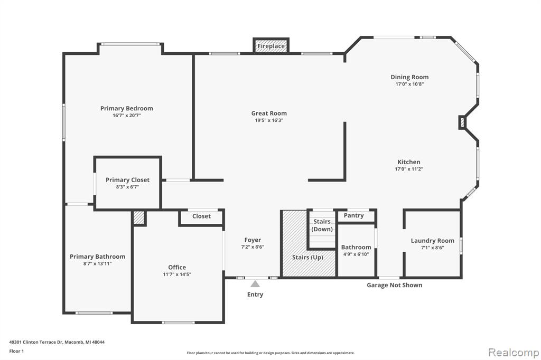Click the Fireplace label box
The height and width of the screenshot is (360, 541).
click(x=271, y=46)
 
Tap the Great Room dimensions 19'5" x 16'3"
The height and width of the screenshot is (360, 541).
click(x=269, y=120)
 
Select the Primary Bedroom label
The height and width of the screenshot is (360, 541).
click(x=127, y=108)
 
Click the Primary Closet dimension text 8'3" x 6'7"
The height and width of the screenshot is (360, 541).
click(x=127, y=187)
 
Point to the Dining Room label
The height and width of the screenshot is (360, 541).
click(x=409, y=77)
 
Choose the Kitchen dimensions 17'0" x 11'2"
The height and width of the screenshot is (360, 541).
click(x=409, y=169)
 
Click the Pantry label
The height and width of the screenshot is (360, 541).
click(x=353, y=215)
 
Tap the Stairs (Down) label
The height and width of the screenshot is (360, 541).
click(x=322, y=225)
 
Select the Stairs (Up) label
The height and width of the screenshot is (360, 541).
click(x=307, y=257)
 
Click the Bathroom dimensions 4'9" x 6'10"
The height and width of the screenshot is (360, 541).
click(x=356, y=254)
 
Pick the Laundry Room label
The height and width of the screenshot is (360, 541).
click(x=432, y=241)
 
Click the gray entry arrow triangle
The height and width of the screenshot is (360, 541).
click(x=255, y=284)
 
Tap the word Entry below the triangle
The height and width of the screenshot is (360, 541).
click(x=255, y=295)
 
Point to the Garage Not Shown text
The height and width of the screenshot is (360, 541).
click(x=394, y=285)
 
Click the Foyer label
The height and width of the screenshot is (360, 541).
click(x=253, y=240)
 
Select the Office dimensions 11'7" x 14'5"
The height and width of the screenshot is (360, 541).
click(x=177, y=274)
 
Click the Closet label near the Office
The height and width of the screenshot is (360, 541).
click(x=201, y=216)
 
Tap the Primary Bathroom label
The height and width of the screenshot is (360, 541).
click(x=97, y=257)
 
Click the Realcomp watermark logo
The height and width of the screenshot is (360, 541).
click(x=514, y=353)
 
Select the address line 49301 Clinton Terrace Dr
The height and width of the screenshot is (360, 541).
click(x=57, y=342)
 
